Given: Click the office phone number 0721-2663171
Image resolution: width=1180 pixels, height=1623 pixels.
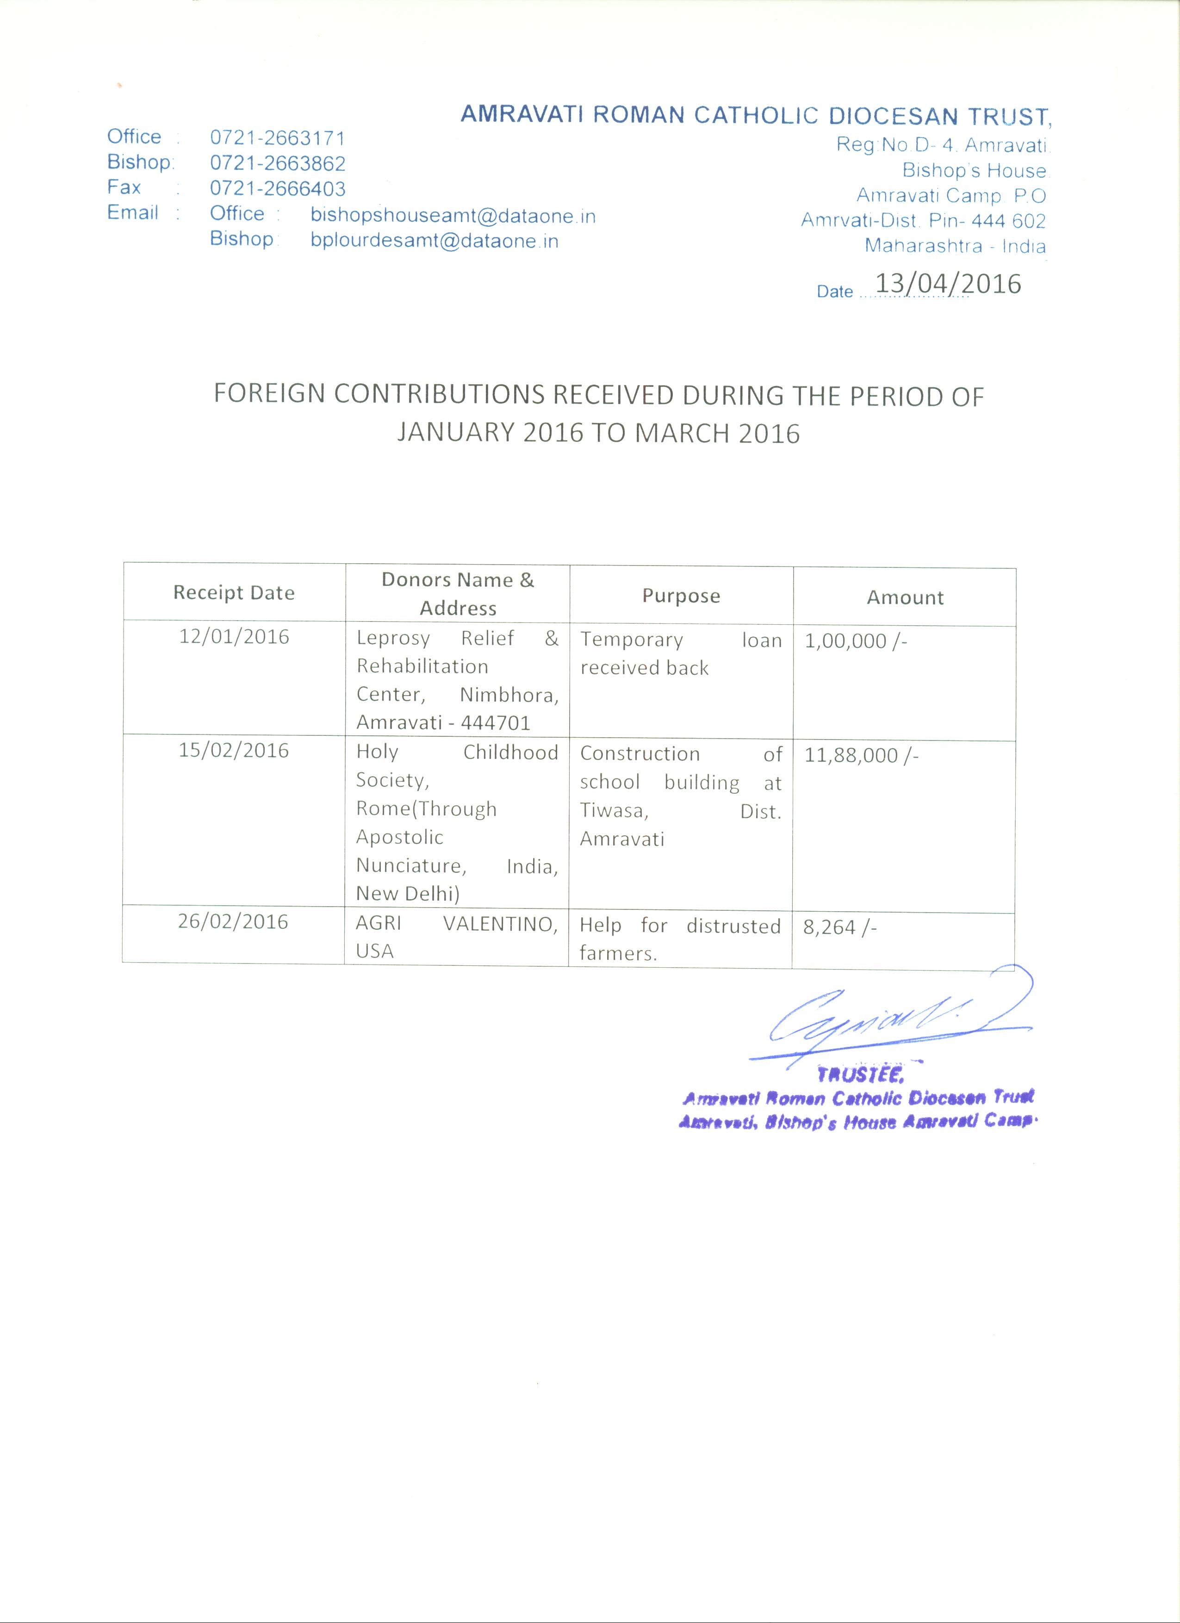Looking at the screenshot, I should (278, 138).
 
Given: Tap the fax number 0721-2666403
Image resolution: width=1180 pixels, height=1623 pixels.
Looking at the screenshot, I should (278, 189).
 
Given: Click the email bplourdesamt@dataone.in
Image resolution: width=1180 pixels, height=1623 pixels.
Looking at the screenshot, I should (435, 241).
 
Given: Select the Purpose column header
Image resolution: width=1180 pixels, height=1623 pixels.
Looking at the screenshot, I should (681, 596).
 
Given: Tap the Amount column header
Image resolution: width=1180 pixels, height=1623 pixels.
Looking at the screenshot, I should (905, 597).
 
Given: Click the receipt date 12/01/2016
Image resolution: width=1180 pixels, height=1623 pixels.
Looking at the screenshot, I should (234, 636).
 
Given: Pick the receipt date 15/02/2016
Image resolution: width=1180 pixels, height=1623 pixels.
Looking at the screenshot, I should (234, 750).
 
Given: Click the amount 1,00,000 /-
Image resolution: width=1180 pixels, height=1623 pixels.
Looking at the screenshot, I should (856, 640).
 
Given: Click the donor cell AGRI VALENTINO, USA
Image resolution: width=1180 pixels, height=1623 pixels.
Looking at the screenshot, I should (457, 937).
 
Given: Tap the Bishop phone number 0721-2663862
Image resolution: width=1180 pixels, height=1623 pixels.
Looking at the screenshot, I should (278, 163).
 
